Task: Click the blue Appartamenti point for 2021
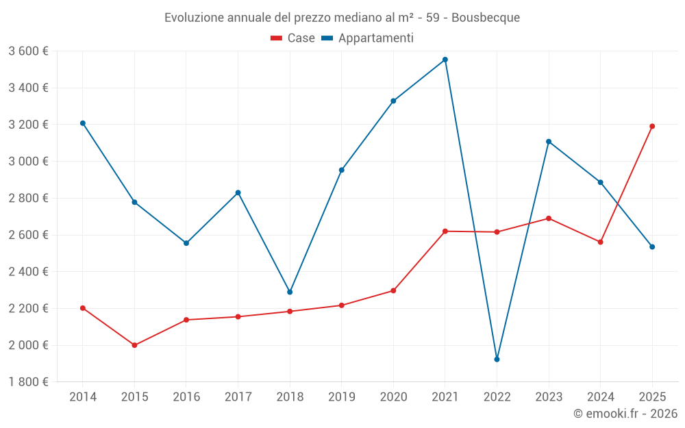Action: tap(445, 60)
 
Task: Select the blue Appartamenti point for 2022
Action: tap(497, 359)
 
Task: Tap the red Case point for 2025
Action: tap(652, 126)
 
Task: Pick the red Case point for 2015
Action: tap(134, 345)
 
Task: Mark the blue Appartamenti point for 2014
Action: tap(83, 123)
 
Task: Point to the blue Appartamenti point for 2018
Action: tap(290, 292)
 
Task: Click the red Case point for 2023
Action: tap(549, 218)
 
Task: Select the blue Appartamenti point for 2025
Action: tap(652, 247)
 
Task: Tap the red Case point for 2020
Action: tap(393, 290)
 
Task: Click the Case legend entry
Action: tap(293, 38)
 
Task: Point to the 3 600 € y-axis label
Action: tap(28, 51)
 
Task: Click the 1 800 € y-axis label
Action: tap(28, 382)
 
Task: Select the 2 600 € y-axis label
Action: tap(28, 235)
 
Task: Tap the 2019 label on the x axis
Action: tap(341, 397)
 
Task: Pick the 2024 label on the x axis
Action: tap(600, 397)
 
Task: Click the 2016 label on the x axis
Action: tap(186, 397)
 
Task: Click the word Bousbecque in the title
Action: tap(486, 18)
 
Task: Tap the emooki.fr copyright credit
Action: tap(625, 414)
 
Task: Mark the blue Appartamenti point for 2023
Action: tap(549, 142)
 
